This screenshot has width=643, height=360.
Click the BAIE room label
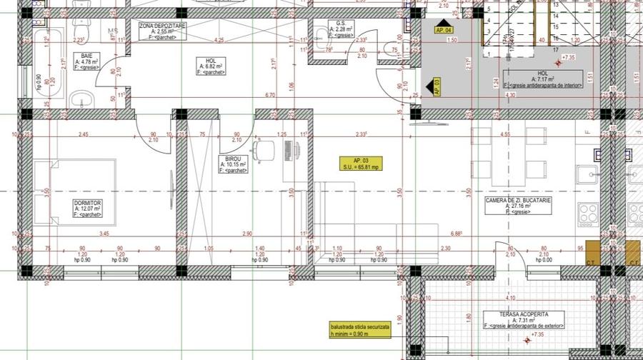[x=86, y=55]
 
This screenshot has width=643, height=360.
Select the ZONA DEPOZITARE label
[x=162, y=25]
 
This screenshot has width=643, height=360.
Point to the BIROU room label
[x=233, y=159]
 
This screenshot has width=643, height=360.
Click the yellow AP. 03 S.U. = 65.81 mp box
[x=360, y=162]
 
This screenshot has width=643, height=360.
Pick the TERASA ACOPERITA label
[x=524, y=314]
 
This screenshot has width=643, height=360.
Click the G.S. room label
[x=342, y=23]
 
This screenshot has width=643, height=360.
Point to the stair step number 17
[x=554, y=49]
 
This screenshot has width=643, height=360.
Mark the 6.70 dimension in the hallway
[x=269, y=95]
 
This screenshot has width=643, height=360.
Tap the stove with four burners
[x=587, y=213]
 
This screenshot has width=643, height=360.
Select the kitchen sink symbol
[x=587, y=174]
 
